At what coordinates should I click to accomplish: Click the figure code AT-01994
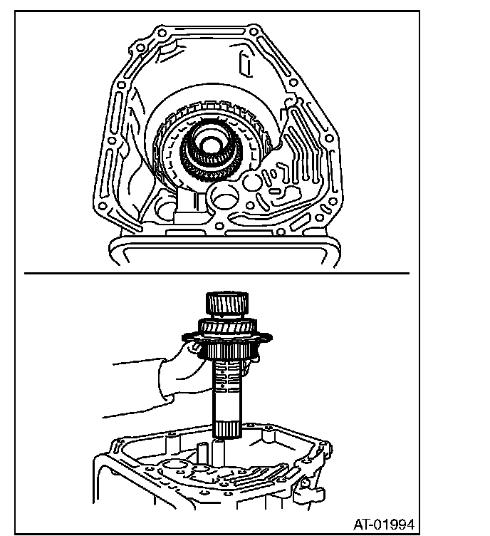tap(382, 522)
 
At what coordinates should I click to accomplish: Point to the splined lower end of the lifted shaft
tap(229, 428)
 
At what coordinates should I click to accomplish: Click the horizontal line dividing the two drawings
tap(217, 272)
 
